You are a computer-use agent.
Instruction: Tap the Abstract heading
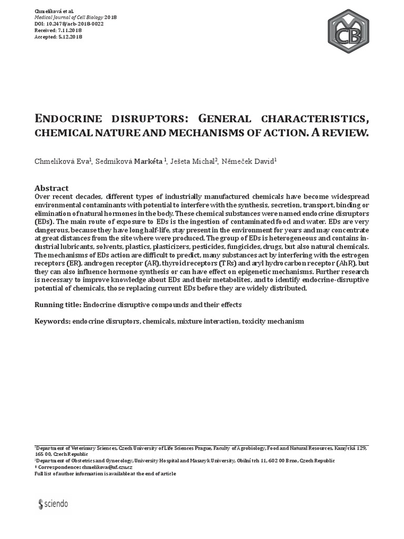pyautogui.click(x=52, y=188)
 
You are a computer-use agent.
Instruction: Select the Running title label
pyautogui.click(x=57, y=305)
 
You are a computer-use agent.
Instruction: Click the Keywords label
pyautogui.click(x=52, y=321)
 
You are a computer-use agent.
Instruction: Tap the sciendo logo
pyautogui.click(x=53, y=504)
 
